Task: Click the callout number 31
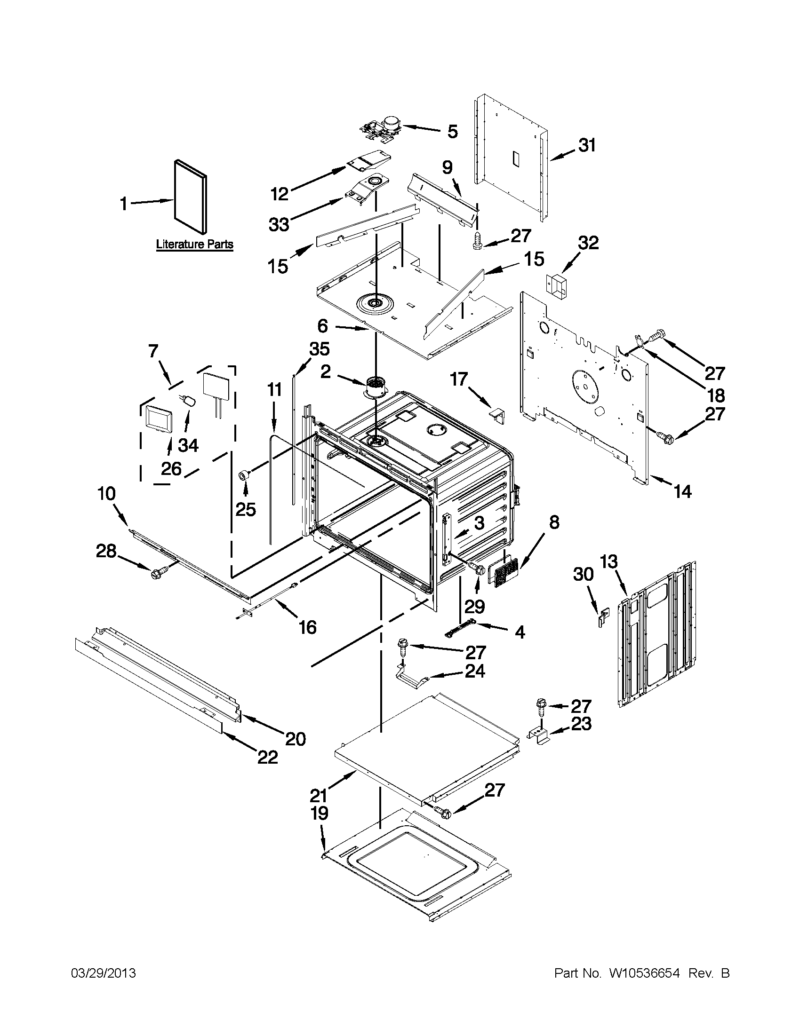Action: (587, 145)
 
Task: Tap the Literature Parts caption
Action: (194, 245)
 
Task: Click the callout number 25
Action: (246, 509)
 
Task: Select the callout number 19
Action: (320, 813)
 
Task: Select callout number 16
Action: (307, 627)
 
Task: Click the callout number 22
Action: (267, 757)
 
